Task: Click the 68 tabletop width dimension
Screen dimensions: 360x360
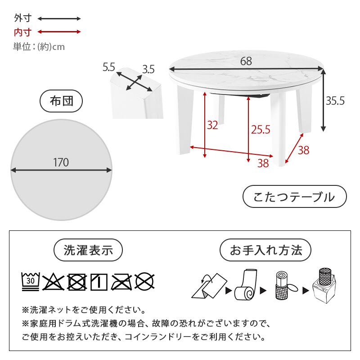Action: point(246,62)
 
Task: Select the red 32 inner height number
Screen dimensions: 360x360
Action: point(212,125)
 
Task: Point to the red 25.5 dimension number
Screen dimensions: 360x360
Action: point(260,130)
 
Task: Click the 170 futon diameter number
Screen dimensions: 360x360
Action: point(61,162)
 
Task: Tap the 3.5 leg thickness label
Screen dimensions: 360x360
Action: point(148,69)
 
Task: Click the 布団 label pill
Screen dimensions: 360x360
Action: point(62,101)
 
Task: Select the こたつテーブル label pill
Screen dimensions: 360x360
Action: point(294,197)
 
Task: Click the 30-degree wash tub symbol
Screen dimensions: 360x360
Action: point(31,281)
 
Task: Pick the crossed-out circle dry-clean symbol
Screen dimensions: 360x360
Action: point(145,281)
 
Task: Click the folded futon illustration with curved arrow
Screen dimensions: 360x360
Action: point(207,285)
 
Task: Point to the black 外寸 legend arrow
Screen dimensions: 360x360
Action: point(59,19)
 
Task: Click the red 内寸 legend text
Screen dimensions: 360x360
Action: point(22,32)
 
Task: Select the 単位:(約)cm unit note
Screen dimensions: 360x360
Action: point(39,46)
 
